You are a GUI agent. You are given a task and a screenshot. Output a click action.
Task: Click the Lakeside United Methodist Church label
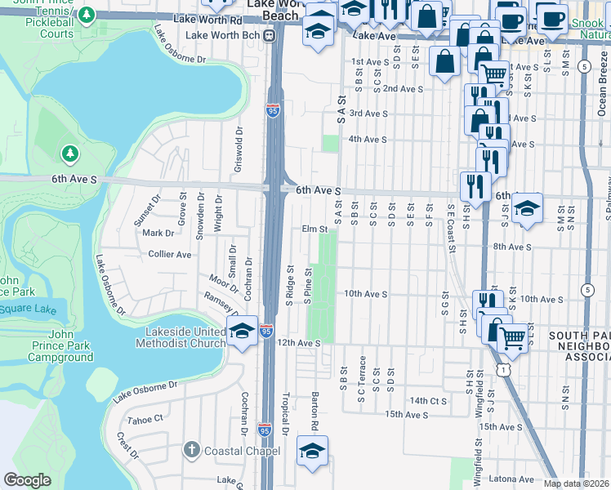pos(185,337)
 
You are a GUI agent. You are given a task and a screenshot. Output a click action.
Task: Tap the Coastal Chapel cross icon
pos(191,450)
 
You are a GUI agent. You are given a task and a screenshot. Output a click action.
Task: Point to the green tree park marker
pos(70,154)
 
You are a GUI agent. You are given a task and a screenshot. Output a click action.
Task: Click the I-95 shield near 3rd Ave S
pos(272,112)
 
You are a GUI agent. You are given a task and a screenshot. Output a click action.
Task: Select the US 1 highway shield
pos(506,370)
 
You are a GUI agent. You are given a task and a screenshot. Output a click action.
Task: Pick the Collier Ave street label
pos(169,254)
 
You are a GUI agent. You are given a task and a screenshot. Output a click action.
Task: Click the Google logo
pos(27,480)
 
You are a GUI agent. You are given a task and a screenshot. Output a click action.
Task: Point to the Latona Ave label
pos(511,479)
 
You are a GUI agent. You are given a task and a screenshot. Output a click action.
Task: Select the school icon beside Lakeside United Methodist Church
pos(242,331)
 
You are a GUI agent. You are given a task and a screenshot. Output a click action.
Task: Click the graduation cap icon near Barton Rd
pos(312,451)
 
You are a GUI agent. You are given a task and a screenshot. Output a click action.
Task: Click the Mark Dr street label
pos(153,233)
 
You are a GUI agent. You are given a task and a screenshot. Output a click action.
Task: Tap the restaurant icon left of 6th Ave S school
pos(474,186)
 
